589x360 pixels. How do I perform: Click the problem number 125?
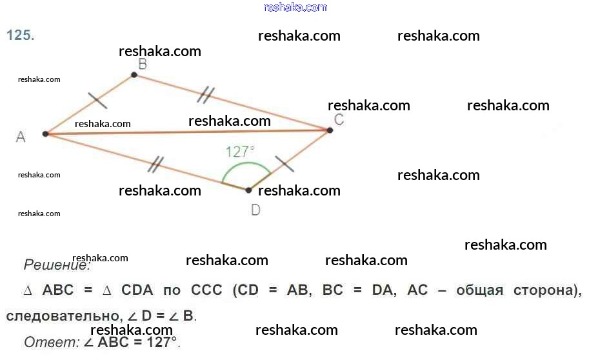click(20, 36)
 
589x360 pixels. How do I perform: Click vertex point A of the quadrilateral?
click(45, 134)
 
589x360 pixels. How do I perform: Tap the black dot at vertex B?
click(134, 75)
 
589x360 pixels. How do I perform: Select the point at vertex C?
click(330, 130)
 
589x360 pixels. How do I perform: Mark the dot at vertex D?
click(248, 190)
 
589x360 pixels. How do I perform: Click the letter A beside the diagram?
click(21, 137)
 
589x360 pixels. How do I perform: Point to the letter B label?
click(143, 63)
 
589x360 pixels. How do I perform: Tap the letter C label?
click(339, 119)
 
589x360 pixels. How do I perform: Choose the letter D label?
click(255, 210)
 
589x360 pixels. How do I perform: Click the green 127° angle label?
click(240, 152)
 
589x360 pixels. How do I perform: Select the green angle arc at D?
click(245, 166)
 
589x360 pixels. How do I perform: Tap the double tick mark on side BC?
click(206, 95)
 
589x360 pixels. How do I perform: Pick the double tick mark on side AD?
click(155, 165)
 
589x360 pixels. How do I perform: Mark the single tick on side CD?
click(285, 163)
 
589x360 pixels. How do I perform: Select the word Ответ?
click(51, 342)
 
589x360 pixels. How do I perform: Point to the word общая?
click(479, 290)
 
